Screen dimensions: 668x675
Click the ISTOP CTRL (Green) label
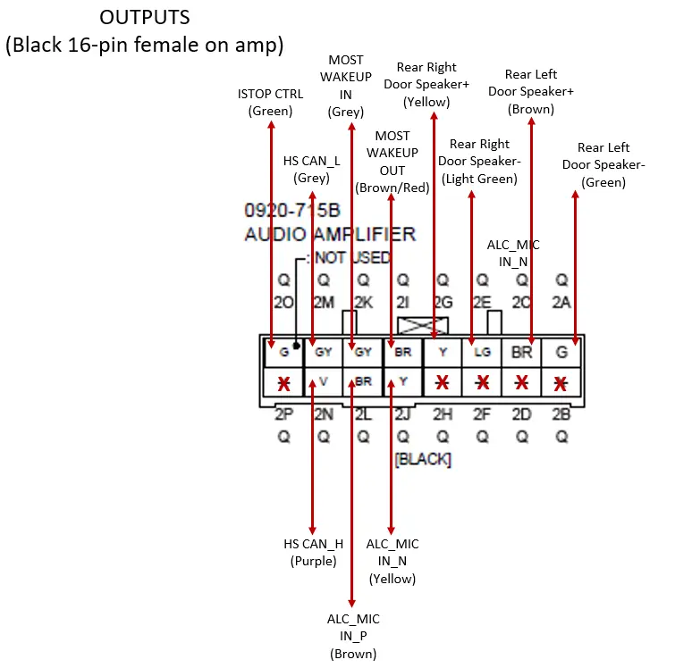click(x=270, y=102)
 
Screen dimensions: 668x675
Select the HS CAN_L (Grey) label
click(x=312, y=169)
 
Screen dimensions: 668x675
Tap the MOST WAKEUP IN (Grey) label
click(x=346, y=86)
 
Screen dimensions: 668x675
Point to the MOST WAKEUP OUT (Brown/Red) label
click(x=392, y=162)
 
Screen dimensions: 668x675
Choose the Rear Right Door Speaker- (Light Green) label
click(x=479, y=161)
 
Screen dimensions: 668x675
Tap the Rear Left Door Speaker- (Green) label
click(x=603, y=164)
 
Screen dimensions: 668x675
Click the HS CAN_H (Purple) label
click(x=312, y=552)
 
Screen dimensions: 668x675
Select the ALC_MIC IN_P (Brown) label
click(x=354, y=635)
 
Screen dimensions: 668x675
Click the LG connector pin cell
click(x=482, y=352)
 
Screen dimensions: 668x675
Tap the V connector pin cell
click(x=324, y=383)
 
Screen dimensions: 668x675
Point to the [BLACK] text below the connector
click(x=423, y=459)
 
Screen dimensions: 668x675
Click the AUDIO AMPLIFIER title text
click(x=330, y=234)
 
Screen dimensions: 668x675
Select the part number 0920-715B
click(x=292, y=211)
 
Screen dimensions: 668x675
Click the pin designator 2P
click(x=283, y=415)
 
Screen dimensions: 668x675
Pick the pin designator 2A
click(x=561, y=303)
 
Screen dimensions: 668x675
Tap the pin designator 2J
click(x=403, y=415)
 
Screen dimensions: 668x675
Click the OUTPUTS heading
click(x=144, y=18)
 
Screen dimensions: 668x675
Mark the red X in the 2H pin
click(x=443, y=383)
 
